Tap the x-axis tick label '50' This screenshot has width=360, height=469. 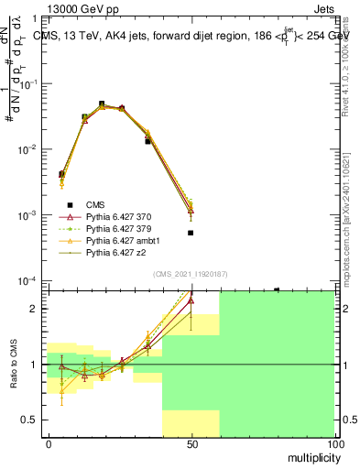[x=191, y=443]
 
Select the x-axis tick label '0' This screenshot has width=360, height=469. [x=49, y=443]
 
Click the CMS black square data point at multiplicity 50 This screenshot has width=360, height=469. [x=191, y=233]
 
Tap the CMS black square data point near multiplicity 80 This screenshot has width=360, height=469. [x=277, y=289]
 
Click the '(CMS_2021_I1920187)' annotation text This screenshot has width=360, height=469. [x=191, y=273]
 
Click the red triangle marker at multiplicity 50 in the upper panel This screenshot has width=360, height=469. [x=191, y=211]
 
